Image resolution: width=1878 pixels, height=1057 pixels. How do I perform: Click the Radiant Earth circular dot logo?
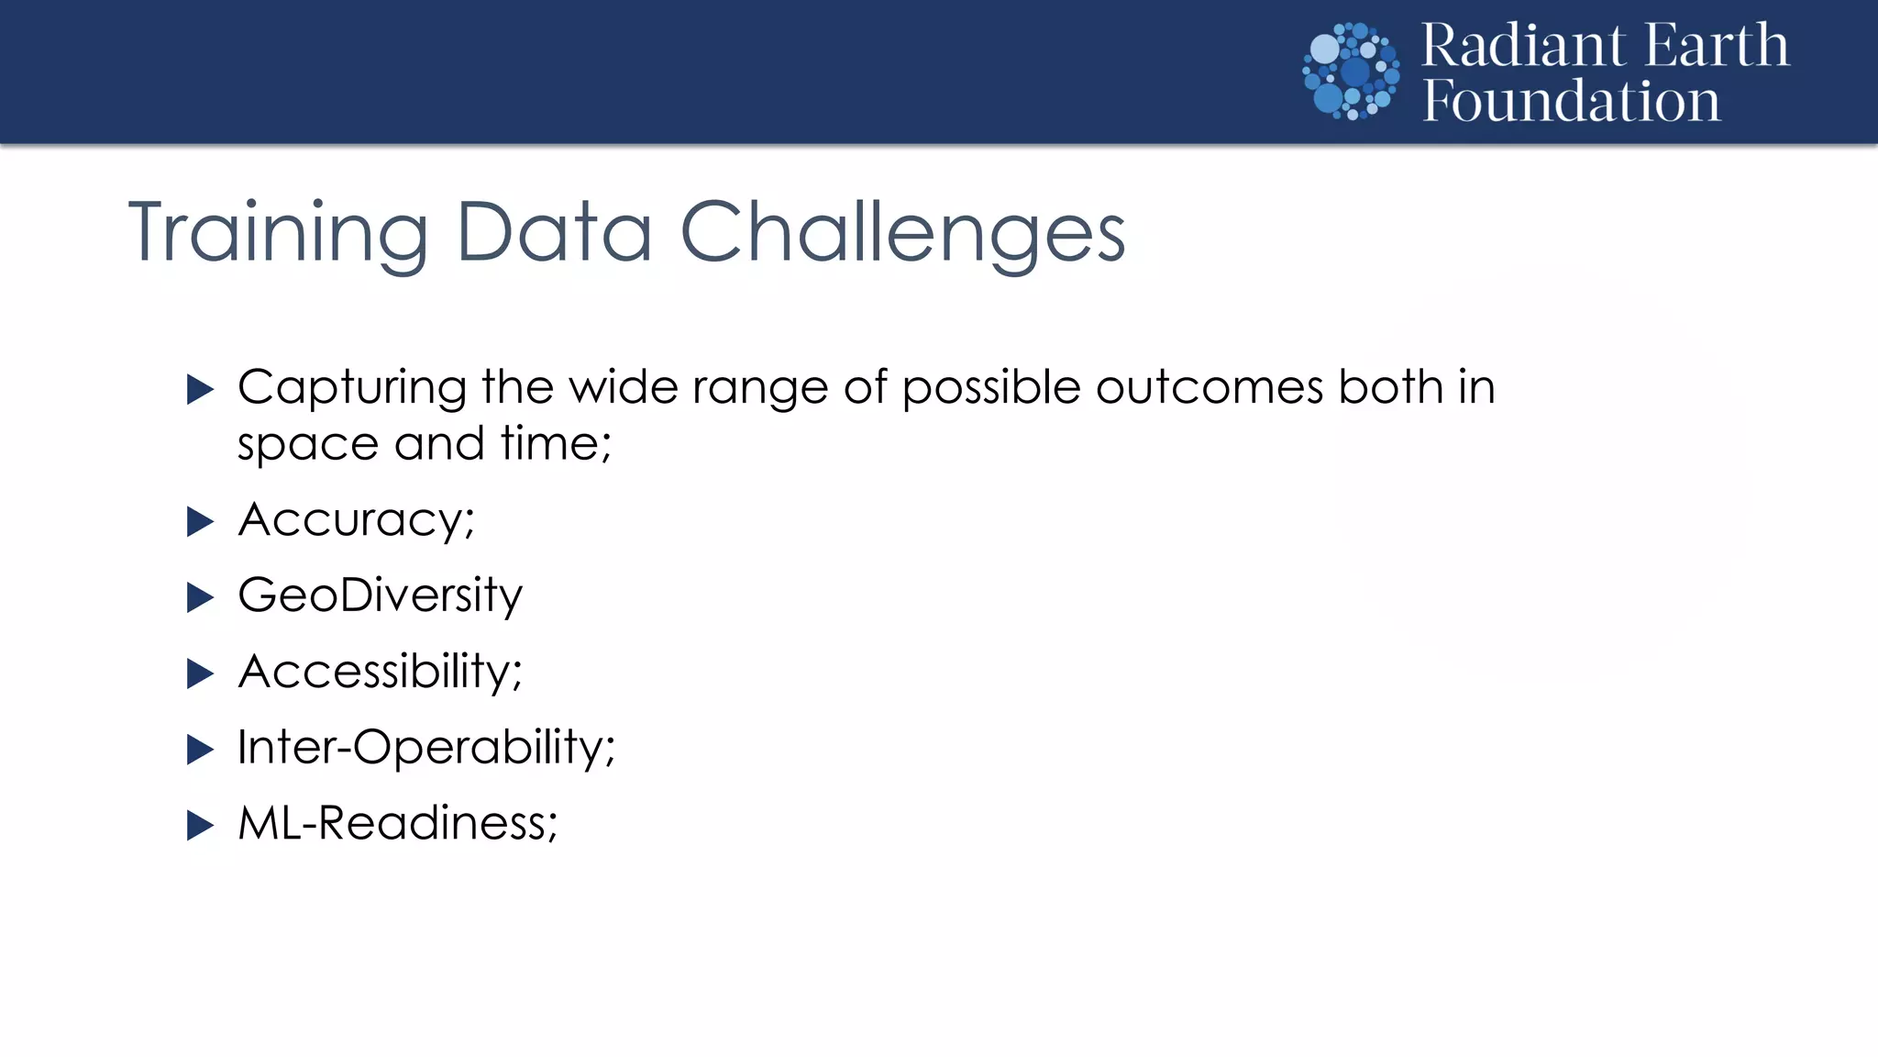(x=1351, y=72)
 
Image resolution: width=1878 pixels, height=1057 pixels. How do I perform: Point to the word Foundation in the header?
(x=1571, y=101)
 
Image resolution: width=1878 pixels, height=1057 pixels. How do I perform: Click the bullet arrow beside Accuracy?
(x=200, y=522)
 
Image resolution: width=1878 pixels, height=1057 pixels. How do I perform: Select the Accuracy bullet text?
(x=356, y=520)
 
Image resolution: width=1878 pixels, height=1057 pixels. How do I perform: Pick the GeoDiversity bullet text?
(x=380, y=596)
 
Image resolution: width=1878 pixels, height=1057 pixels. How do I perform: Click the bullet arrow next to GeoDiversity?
(x=200, y=598)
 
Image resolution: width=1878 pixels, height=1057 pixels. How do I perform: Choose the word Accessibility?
(x=380, y=672)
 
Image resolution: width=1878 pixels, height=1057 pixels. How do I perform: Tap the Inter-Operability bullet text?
(x=425, y=747)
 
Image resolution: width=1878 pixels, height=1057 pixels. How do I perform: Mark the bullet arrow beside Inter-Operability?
(x=200, y=750)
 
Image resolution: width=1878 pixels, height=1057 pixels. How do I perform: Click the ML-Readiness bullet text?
(x=397, y=823)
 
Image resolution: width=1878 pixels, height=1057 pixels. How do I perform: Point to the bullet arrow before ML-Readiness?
(x=200, y=825)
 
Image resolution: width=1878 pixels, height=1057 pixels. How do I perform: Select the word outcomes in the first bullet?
(x=1209, y=387)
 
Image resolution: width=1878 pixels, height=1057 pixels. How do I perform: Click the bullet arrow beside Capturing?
(x=200, y=389)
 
